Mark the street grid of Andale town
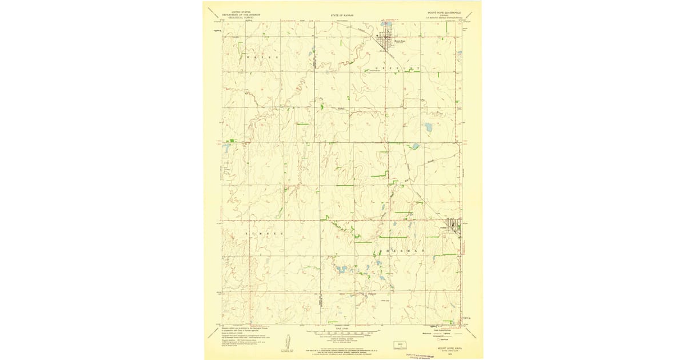tap(454, 226)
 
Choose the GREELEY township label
tap(400, 68)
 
